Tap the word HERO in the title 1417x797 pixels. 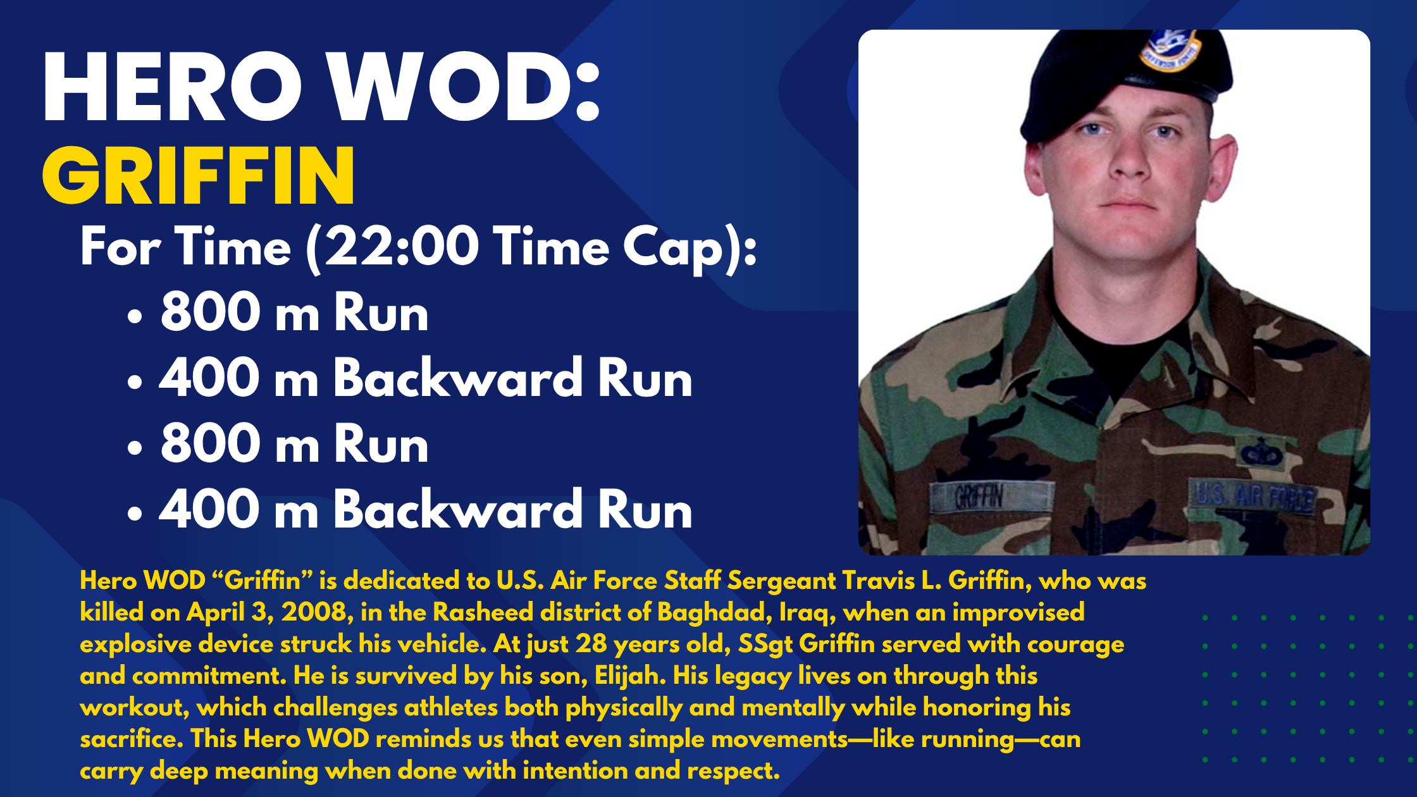tap(172, 87)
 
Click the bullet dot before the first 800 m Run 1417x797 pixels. tap(135, 316)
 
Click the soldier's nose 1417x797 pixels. tap(1129, 161)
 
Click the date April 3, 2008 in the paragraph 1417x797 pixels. tap(266, 612)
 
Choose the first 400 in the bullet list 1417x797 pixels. tap(209, 379)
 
